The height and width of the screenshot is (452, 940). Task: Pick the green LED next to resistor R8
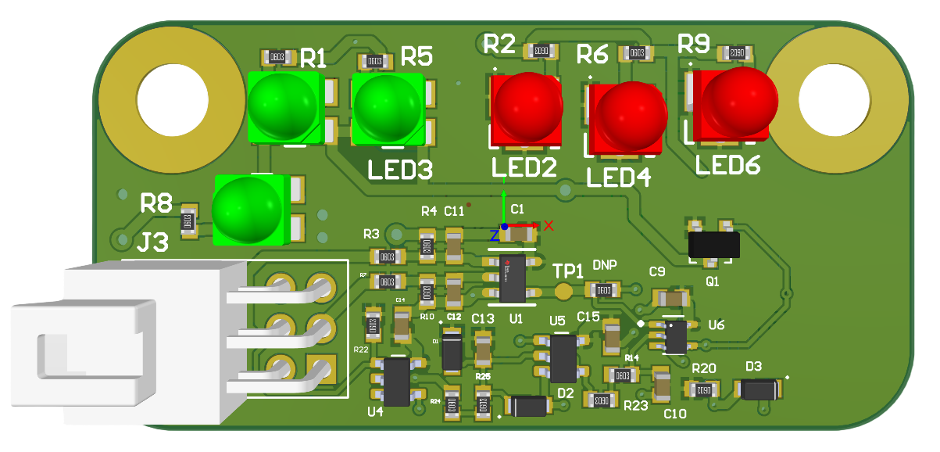[x=247, y=207]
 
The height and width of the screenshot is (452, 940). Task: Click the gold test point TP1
[x=563, y=291]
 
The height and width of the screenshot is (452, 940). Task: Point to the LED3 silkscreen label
[x=401, y=170]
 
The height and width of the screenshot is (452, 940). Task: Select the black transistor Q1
[x=713, y=246]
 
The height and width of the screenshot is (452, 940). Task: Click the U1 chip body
[x=513, y=278]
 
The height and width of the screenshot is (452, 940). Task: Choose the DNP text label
[x=605, y=265]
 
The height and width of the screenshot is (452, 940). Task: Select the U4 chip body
[x=397, y=381]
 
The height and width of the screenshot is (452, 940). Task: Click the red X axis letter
[x=549, y=225]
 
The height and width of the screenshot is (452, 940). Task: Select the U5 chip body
[x=563, y=357]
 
